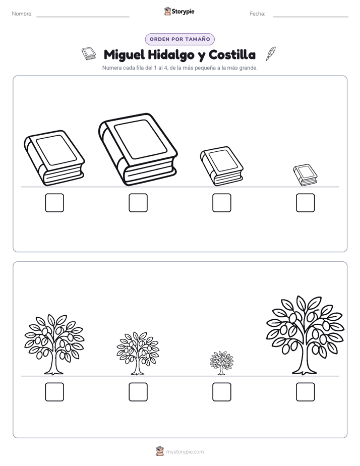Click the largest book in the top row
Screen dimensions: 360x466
[138, 149]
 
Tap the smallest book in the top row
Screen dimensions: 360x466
[306, 175]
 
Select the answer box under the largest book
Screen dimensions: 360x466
[138, 203]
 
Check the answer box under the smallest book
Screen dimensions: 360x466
[306, 203]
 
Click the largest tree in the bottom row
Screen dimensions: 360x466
[306, 335]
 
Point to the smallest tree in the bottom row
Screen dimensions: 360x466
[221, 363]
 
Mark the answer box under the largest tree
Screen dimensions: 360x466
[306, 392]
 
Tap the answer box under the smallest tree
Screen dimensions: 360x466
[221, 392]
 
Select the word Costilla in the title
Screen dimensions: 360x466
[232, 54]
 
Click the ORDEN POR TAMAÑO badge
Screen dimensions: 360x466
[179, 39]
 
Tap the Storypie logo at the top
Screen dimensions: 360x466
[179, 11]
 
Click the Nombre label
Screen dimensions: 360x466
[22, 14]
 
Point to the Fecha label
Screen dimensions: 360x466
[258, 14]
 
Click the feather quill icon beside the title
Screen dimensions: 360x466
[271, 54]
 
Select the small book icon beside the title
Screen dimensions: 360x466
[89, 53]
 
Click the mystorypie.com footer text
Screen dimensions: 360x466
[185, 452]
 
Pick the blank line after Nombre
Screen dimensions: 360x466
[83, 17]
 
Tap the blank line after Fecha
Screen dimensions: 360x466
[311, 17]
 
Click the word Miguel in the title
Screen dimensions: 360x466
[124, 55]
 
